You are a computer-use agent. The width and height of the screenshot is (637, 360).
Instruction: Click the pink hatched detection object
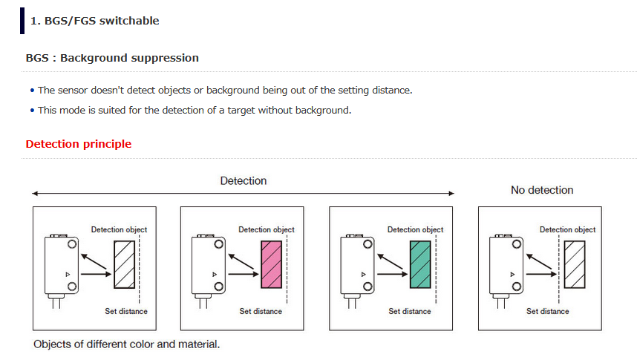pos(272,264)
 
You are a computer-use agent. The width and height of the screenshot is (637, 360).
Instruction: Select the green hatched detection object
pos(420,264)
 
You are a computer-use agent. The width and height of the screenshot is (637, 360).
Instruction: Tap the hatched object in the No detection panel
pos(575,264)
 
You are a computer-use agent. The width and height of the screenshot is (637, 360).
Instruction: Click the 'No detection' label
pos(542,190)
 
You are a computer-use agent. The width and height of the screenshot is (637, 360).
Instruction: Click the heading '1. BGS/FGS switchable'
pos(94,21)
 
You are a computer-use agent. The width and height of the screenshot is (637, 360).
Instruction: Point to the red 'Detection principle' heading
pos(79,144)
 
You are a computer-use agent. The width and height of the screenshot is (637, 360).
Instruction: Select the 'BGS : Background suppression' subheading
pos(112,58)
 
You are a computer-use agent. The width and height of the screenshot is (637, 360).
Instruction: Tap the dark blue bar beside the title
pos(22,21)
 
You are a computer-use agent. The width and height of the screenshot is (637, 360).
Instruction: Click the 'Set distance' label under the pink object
pos(261,311)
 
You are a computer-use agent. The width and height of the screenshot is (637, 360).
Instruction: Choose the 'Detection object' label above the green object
pos(415,229)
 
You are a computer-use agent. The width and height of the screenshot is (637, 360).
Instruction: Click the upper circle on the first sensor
pos(72,244)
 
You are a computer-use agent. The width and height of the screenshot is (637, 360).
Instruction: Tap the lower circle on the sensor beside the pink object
pos(218,287)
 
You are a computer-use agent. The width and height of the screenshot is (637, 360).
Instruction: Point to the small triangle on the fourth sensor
pos(513,274)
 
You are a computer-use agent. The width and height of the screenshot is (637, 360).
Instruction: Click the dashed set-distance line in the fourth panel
pos(558,269)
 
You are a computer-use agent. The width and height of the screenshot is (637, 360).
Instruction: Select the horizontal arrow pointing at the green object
pos(393,274)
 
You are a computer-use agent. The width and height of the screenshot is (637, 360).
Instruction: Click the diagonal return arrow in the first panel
pos(94,262)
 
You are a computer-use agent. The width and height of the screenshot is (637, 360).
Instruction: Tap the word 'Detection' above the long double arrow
pos(244,181)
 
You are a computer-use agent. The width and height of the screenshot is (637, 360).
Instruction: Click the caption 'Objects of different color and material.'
pos(126,344)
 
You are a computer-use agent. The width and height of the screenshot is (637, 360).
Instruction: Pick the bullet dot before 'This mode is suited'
pos(33,111)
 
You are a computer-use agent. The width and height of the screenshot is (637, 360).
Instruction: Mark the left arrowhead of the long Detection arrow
pos(35,194)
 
